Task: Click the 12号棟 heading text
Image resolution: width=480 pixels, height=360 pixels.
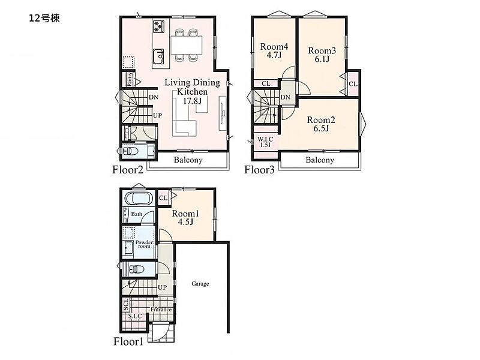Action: click(44, 19)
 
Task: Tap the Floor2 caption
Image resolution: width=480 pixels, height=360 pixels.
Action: click(128, 170)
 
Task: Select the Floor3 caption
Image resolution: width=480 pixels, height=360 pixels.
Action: click(259, 170)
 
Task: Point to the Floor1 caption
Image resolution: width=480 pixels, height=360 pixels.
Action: click(128, 341)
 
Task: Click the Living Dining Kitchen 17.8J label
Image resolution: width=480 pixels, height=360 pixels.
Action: click(192, 92)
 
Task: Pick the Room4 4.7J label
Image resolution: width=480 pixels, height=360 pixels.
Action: click(274, 51)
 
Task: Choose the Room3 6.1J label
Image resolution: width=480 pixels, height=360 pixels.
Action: click(322, 55)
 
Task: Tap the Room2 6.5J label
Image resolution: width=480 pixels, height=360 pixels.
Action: click(321, 124)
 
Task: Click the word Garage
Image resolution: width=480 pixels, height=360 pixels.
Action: click(200, 284)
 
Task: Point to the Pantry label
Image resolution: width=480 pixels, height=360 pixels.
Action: click(130, 79)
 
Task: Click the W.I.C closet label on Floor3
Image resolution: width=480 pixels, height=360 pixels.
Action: click(265, 142)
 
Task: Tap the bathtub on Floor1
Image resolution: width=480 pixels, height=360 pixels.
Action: click(140, 198)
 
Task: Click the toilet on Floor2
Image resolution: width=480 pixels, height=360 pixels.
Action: click(131, 151)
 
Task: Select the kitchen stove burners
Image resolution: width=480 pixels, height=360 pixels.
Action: click(158, 26)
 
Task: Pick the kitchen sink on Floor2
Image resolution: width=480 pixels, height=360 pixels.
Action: click(158, 56)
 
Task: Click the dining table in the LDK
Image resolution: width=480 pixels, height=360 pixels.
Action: click(187, 45)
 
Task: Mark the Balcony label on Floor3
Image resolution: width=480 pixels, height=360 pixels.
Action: click(320, 160)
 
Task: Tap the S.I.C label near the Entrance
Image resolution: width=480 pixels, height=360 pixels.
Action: click(135, 316)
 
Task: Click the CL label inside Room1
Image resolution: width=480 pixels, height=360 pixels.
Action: click(163, 198)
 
